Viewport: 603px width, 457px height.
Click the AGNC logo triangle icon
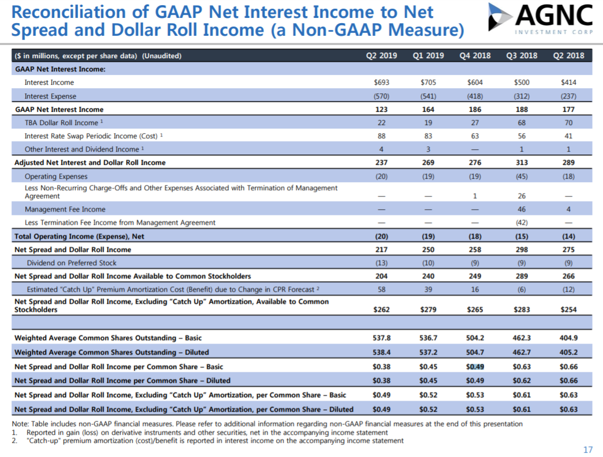click(500, 17)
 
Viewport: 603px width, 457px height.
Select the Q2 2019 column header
click(381, 56)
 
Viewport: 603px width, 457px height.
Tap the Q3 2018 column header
click(522, 56)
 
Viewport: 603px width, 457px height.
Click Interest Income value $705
click(428, 82)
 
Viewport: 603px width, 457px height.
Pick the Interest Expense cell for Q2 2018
click(568, 96)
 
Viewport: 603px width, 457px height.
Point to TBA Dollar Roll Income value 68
click(522, 123)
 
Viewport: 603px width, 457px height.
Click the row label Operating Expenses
click(56, 176)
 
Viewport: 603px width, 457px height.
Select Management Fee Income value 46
click(522, 209)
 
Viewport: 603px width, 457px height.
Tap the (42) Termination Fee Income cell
click(522, 222)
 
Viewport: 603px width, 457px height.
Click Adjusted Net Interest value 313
click(522, 163)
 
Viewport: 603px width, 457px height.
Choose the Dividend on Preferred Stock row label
click(71, 263)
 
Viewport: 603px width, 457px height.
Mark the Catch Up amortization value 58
click(381, 289)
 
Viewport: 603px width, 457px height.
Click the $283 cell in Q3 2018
click(522, 309)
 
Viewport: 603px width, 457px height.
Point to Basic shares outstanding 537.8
click(381, 338)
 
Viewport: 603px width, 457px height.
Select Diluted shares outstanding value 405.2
click(568, 352)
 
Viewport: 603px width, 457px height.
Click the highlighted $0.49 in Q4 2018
click(475, 367)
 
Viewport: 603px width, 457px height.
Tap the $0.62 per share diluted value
click(522, 380)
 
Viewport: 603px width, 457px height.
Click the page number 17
click(588, 450)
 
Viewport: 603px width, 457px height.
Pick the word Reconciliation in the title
click(69, 12)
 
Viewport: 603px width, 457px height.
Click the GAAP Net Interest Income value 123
click(381, 109)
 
